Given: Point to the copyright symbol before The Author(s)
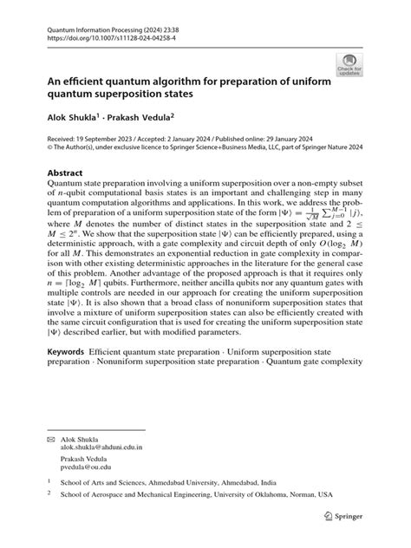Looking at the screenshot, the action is [51, 147].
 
